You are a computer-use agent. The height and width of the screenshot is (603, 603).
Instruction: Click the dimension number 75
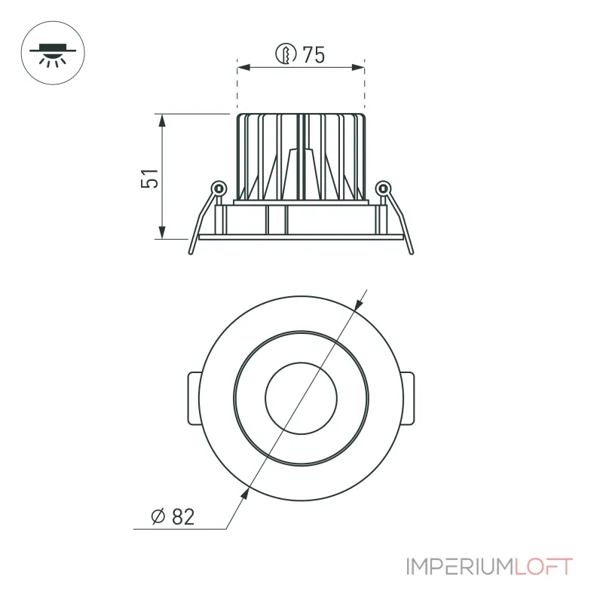tap(314, 54)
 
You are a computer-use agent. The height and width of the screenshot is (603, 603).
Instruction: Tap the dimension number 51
tap(149, 178)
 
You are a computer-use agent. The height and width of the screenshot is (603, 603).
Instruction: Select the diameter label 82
tap(183, 516)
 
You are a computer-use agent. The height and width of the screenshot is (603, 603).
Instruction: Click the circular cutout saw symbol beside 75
tap(286, 54)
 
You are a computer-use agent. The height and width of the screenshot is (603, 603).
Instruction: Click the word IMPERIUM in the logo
tap(460, 567)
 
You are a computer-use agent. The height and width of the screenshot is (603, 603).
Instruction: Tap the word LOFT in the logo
tap(543, 567)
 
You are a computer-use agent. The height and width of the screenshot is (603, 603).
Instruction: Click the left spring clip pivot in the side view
tap(219, 188)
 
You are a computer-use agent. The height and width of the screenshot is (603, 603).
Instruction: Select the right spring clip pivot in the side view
tap(383, 188)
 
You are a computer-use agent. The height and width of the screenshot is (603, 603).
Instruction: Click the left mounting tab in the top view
tap(194, 399)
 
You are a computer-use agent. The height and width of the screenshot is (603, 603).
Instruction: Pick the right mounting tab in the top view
tap(409, 399)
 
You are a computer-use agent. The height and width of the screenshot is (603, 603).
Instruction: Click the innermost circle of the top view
tap(301, 363)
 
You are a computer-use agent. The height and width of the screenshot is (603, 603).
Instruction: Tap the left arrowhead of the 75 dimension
tap(243, 68)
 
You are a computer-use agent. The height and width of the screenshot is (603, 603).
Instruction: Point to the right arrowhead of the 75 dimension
tap(358, 68)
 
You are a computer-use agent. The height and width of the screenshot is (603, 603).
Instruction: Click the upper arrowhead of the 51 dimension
tap(162, 121)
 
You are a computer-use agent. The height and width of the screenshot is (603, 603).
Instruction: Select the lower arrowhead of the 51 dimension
tap(162, 232)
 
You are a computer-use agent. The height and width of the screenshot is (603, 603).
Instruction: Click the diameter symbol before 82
tap(158, 516)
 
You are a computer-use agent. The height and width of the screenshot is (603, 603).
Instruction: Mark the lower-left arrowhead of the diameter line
tap(244, 494)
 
